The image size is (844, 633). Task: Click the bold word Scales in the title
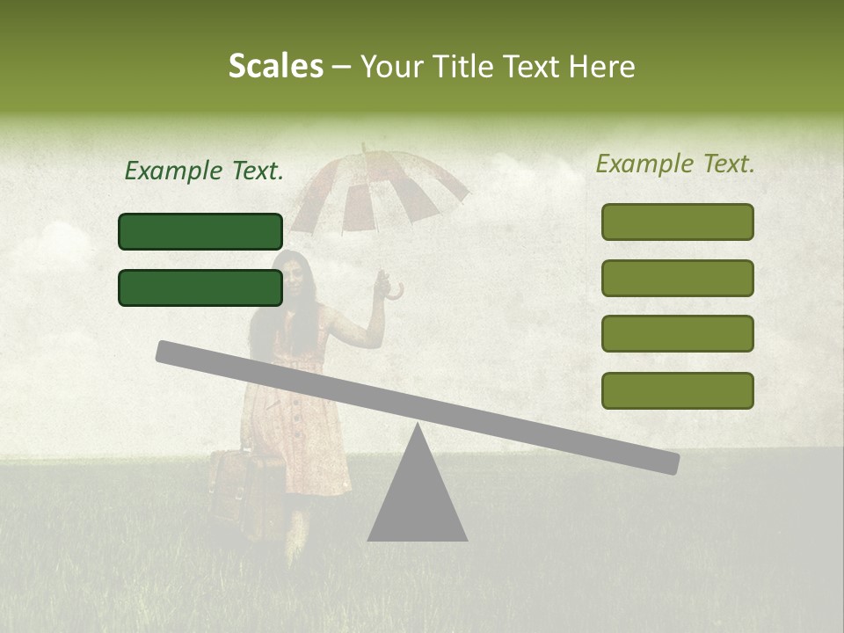(x=275, y=67)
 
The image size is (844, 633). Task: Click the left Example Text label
(x=204, y=171)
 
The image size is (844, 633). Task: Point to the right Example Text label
(x=675, y=164)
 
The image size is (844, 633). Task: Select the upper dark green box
(x=200, y=231)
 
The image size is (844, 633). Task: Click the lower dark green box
(x=200, y=287)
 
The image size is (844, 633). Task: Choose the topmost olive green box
(x=677, y=222)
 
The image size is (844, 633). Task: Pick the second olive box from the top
(x=677, y=278)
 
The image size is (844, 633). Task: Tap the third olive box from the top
(x=677, y=333)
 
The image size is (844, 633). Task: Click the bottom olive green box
(x=677, y=390)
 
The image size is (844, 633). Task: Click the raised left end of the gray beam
(x=167, y=351)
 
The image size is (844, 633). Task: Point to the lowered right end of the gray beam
(x=668, y=462)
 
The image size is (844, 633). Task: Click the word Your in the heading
(x=391, y=67)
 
